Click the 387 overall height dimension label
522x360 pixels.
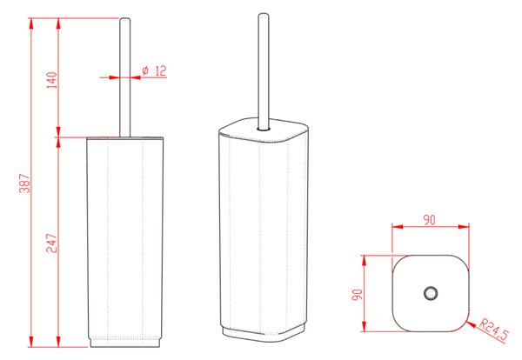tap(25, 183)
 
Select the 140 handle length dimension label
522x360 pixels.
tap(51, 80)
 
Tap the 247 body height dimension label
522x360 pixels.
tap(51, 243)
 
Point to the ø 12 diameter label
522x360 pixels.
tap(154, 70)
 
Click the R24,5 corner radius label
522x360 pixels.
tap(494, 330)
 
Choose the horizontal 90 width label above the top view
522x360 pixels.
tap(430, 220)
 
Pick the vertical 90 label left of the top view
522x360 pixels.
tap(358, 295)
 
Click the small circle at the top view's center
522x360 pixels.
tap(431, 293)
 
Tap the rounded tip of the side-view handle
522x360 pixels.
tap(124, 20)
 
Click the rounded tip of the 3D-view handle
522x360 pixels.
tap(264, 16)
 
